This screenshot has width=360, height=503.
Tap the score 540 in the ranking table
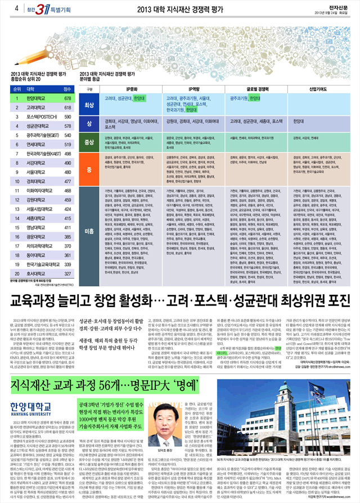click(x=67, y=136)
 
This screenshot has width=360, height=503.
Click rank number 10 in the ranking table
click(x=17, y=182)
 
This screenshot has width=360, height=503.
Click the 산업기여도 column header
click(x=317, y=89)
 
